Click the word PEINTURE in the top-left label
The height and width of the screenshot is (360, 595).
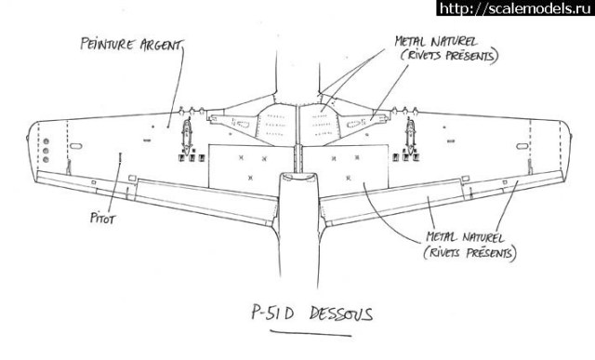pos(104,45)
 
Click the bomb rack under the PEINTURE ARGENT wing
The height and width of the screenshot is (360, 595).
pos(186,137)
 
